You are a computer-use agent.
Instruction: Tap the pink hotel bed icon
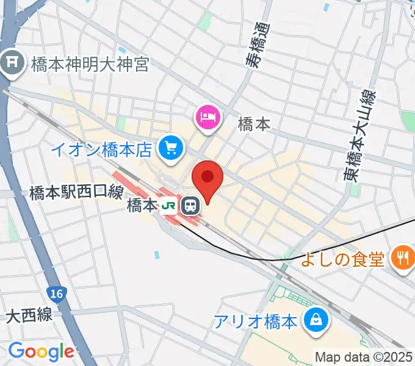(207, 116)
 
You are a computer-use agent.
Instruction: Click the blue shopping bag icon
(317, 319)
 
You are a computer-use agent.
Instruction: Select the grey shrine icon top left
(11, 62)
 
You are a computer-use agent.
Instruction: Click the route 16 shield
(57, 295)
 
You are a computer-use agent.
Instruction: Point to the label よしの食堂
(342, 260)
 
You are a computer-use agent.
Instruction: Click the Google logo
(40, 351)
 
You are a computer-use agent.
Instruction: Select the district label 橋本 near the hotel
(253, 124)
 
